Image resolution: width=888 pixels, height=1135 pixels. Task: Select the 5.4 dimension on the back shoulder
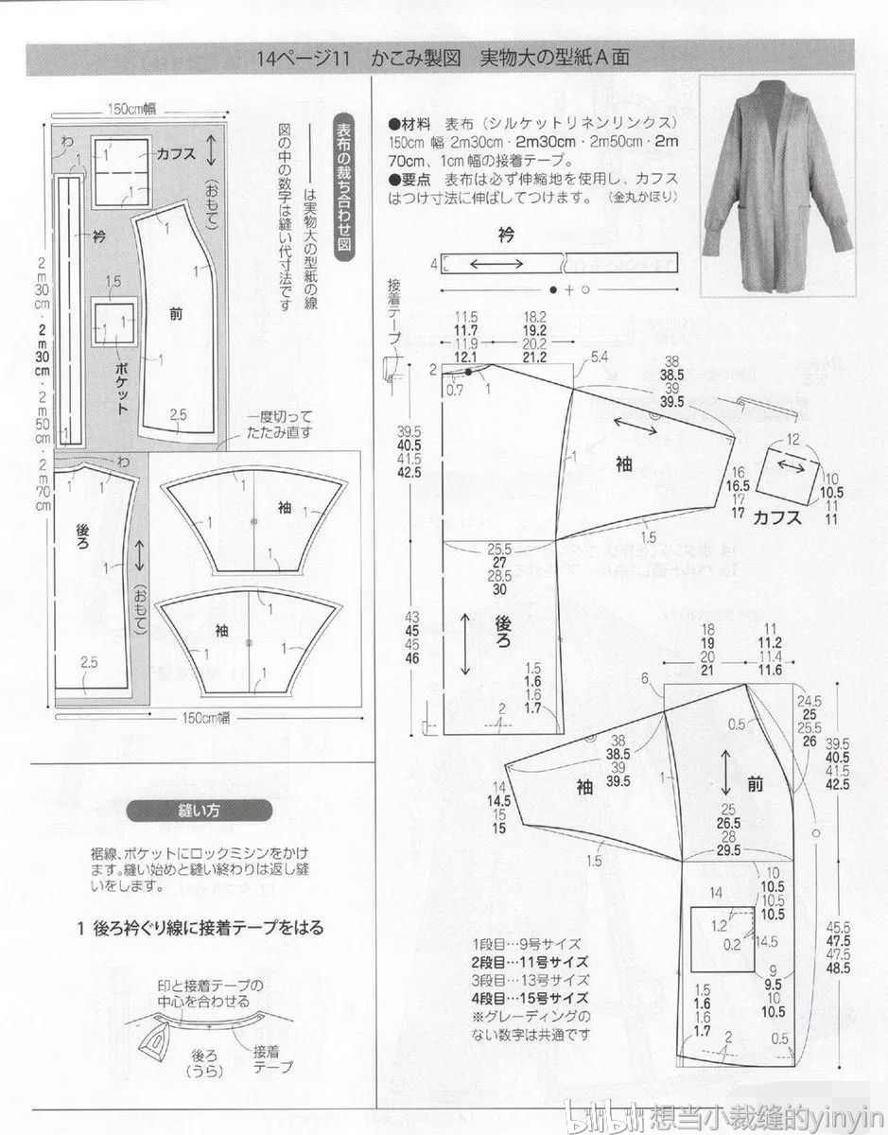tap(599, 357)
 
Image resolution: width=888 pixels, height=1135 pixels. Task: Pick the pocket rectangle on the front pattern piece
tap(722, 939)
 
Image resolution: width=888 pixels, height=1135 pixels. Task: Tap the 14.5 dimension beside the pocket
tap(767, 942)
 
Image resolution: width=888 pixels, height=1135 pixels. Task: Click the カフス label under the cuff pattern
tap(777, 517)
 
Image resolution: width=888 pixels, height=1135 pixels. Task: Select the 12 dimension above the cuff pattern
tap(793, 439)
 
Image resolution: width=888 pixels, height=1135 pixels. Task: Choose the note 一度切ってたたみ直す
tap(281, 424)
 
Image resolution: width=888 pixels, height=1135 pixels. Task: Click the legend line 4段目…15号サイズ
tap(530, 998)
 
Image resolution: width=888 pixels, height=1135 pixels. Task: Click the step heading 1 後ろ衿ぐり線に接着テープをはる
tap(201, 928)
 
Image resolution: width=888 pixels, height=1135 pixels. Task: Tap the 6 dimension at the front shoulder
tap(645, 678)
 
